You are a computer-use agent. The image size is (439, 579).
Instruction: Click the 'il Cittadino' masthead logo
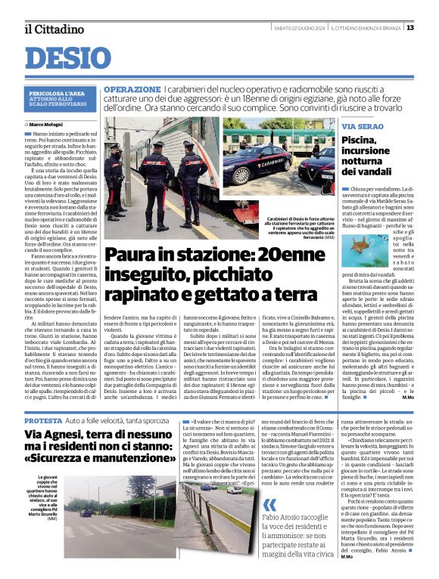pos(52,29)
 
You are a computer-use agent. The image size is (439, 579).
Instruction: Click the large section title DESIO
pos(67,57)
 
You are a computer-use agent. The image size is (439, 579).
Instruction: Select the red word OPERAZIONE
pos(132,89)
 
